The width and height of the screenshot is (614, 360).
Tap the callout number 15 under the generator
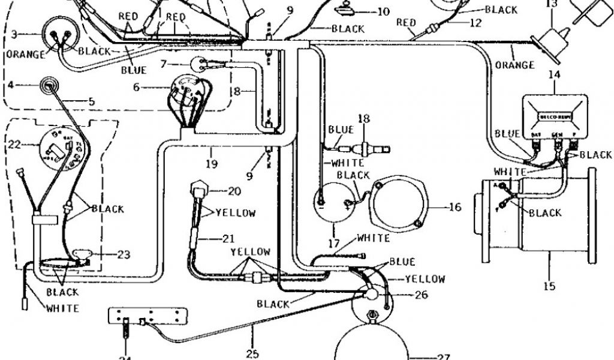(549, 286)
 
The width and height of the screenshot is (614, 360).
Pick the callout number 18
(363, 118)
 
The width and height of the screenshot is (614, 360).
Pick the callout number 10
(383, 11)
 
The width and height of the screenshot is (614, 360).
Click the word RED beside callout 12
(406, 23)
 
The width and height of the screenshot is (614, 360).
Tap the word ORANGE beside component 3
(26, 55)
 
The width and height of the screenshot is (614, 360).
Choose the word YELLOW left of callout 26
(425, 279)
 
